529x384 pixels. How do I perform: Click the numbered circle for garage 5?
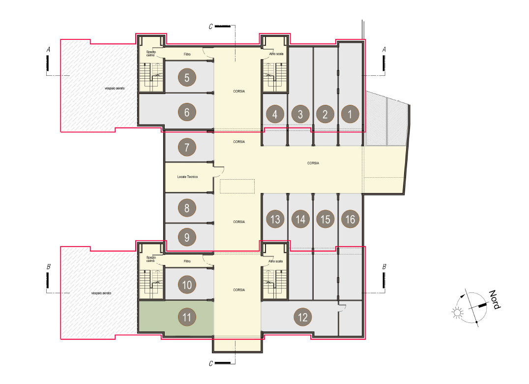[187, 78]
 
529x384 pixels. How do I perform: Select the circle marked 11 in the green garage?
[187, 317]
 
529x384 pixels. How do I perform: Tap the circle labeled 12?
[303, 317]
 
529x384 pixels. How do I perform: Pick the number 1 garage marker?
[350, 114]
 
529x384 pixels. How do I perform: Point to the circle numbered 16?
[350, 219]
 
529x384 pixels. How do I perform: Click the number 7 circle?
[187, 147]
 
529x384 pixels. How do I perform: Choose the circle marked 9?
[187, 237]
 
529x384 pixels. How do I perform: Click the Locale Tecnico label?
[188, 177]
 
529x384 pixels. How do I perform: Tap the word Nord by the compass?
[495, 299]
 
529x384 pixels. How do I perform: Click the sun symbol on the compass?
[458, 313]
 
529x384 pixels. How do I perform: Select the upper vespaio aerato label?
[115, 88]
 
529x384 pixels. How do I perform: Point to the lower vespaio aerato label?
[101, 293]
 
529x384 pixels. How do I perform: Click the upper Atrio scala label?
[276, 54]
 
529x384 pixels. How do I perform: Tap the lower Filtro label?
[187, 261]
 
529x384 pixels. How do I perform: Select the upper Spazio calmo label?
[151, 53]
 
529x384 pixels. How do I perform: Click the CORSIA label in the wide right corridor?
[313, 163]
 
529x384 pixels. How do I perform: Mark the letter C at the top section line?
[211, 27]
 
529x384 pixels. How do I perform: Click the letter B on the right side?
[384, 267]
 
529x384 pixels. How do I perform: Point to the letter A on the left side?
[48, 50]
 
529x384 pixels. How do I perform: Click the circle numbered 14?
[300, 219]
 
